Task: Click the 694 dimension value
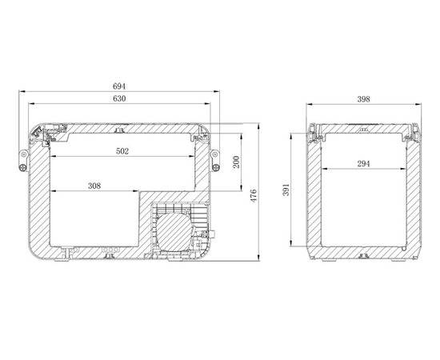coord(119,86)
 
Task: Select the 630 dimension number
coord(119,98)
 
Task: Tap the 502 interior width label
coord(122,151)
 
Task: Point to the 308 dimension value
coord(94,186)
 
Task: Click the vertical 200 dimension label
coord(236,162)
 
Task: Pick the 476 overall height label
coord(254,195)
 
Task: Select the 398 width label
coord(363,99)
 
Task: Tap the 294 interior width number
coord(363,163)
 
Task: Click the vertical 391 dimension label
coord(286,190)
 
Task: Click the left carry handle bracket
coord(23,161)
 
